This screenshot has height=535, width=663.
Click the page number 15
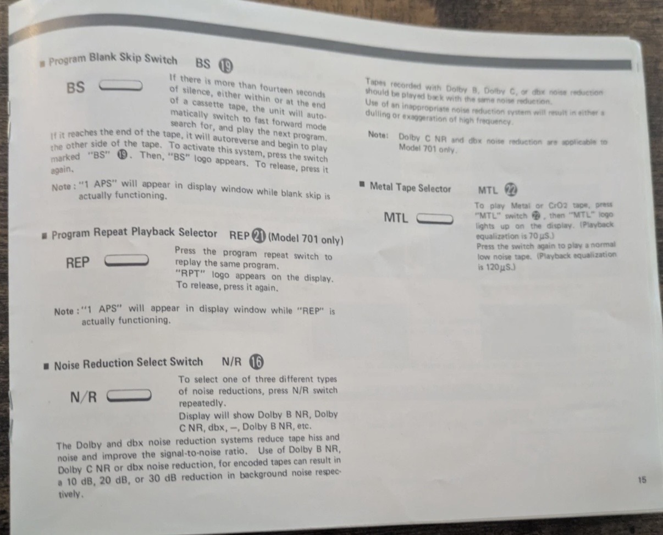(642, 479)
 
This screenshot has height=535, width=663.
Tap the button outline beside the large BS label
(120, 86)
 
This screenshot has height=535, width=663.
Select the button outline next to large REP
(127, 260)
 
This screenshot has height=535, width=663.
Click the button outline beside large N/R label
(129, 395)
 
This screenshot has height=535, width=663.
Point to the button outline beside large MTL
(435, 219)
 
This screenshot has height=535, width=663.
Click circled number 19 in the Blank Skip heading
(226, 65)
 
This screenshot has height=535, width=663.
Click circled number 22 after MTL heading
(511, 190)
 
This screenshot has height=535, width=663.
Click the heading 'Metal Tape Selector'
(410, 188)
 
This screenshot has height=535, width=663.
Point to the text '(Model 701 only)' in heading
(306, 239)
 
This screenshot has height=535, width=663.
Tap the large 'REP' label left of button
(78, 263)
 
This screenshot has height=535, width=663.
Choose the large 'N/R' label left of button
(84, 397)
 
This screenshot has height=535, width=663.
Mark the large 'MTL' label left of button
(396, 218)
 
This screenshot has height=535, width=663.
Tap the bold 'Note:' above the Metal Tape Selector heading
(379, 135)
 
